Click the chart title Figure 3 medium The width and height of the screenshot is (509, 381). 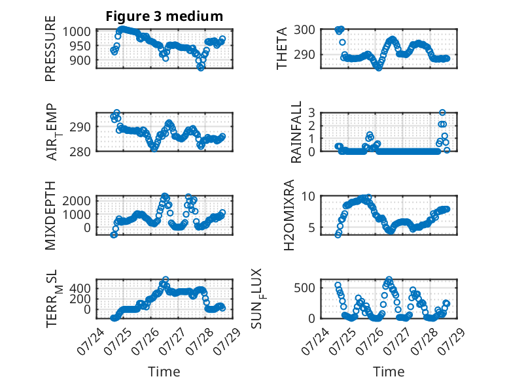(x=164, y=16)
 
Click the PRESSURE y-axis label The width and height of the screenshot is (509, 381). (x=50, y=48)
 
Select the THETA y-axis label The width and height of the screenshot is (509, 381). (x=282, y=48)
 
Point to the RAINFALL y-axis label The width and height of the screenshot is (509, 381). (x=296, y=131)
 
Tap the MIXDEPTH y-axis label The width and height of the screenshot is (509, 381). (x=50, y=215)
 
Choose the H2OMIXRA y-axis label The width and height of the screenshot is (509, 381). (x=289, y=215)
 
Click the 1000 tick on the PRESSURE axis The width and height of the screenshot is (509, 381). (x=77, y=32)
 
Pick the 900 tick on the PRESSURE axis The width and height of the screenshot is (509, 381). (x=80, y=60)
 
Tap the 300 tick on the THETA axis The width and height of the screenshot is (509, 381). (x=304, y=29)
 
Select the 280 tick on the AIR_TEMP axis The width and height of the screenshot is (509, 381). (x=80, y=152)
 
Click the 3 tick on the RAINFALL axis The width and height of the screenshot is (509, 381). (x=311, y=113)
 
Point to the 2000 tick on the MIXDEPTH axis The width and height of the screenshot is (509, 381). (x=77, y=201)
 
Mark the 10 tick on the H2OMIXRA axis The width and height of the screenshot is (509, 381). (x=308, y=196)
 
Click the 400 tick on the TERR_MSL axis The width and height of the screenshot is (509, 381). (x=80, y=288)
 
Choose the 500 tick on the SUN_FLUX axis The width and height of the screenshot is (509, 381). (x=304, y=288)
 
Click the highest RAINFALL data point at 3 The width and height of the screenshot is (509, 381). (x=442, y=112)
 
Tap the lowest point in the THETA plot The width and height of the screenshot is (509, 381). (x=379, y=68)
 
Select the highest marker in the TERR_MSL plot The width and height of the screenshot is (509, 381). (x=166, y=279)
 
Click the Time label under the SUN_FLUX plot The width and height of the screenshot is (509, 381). (x=389, y=372)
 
